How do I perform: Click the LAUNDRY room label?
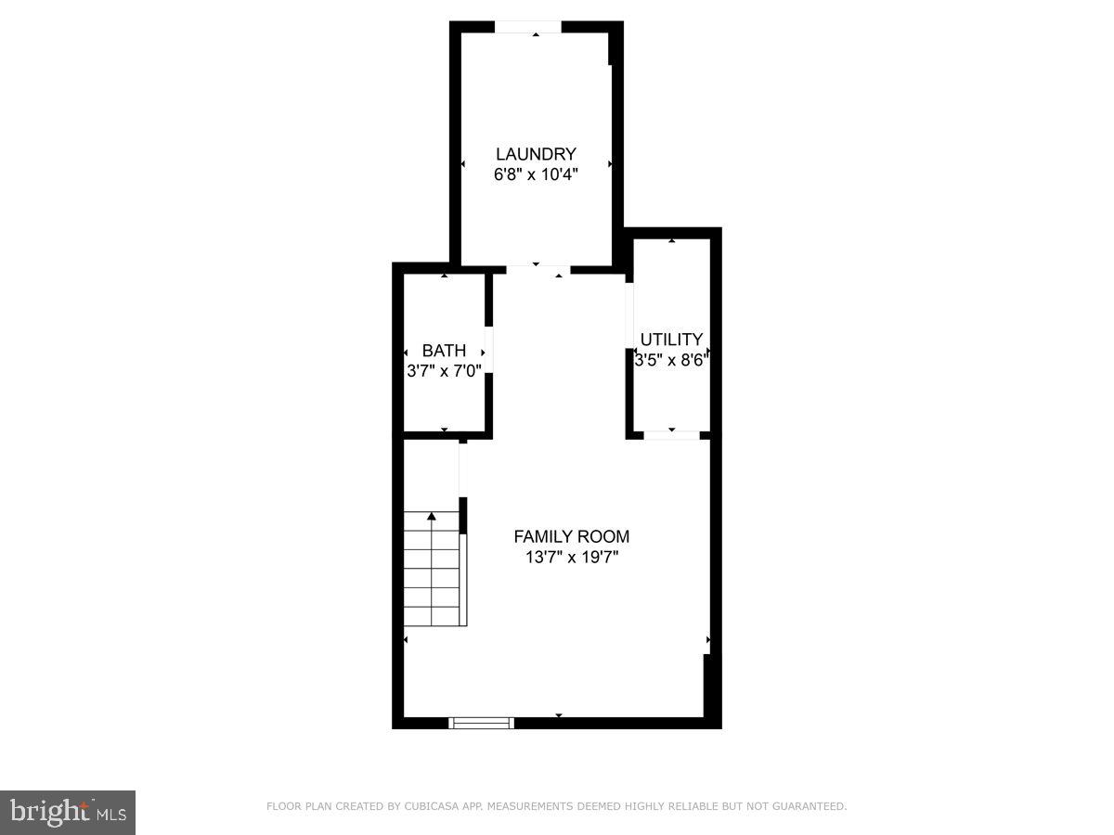pos(536,154)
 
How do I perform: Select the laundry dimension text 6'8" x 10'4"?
pos(536,174)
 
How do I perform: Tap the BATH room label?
pos(444,351)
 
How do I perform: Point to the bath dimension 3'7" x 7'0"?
pos(444,371)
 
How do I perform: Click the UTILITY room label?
pos(671,340)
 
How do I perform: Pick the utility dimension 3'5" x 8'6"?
pos(671,360)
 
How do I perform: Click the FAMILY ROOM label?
pos(572,536)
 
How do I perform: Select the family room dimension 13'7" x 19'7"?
pos(572,557)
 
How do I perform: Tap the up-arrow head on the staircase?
pos(432,516)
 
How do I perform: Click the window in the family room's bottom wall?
pos(481,722)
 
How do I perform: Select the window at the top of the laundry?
pos(527,27)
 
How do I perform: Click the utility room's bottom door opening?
pos(671,434)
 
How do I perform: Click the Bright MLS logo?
pos(68,813)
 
